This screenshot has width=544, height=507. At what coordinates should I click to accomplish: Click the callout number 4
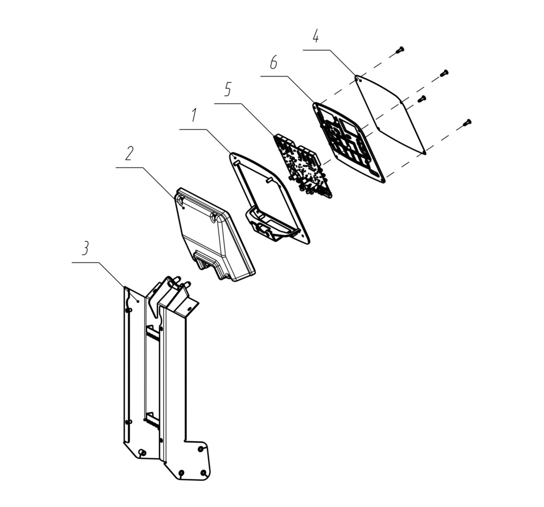[315, 36]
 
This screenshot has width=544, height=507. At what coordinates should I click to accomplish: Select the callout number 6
[274, 63]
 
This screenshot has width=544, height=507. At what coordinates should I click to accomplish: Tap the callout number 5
[227, 89]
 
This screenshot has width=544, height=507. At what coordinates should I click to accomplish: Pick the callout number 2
[129, 153]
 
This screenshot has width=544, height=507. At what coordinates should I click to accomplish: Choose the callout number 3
[85, 249]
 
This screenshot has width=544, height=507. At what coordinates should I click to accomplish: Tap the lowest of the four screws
[467, 122]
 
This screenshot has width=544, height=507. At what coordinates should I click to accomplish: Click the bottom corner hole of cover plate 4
[424, 151]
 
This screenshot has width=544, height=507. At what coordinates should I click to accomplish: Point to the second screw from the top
[444, 73]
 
